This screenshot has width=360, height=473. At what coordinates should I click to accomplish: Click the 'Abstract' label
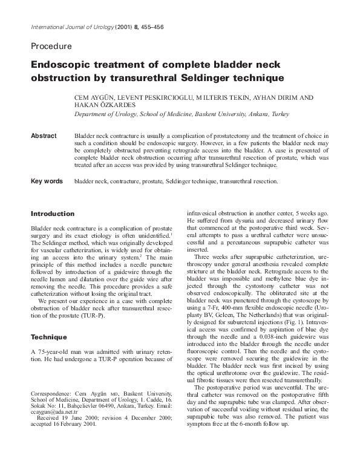[43, 136]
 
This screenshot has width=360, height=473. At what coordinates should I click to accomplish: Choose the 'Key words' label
[47, 181]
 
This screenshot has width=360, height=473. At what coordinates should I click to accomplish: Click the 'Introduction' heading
[53, 214]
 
